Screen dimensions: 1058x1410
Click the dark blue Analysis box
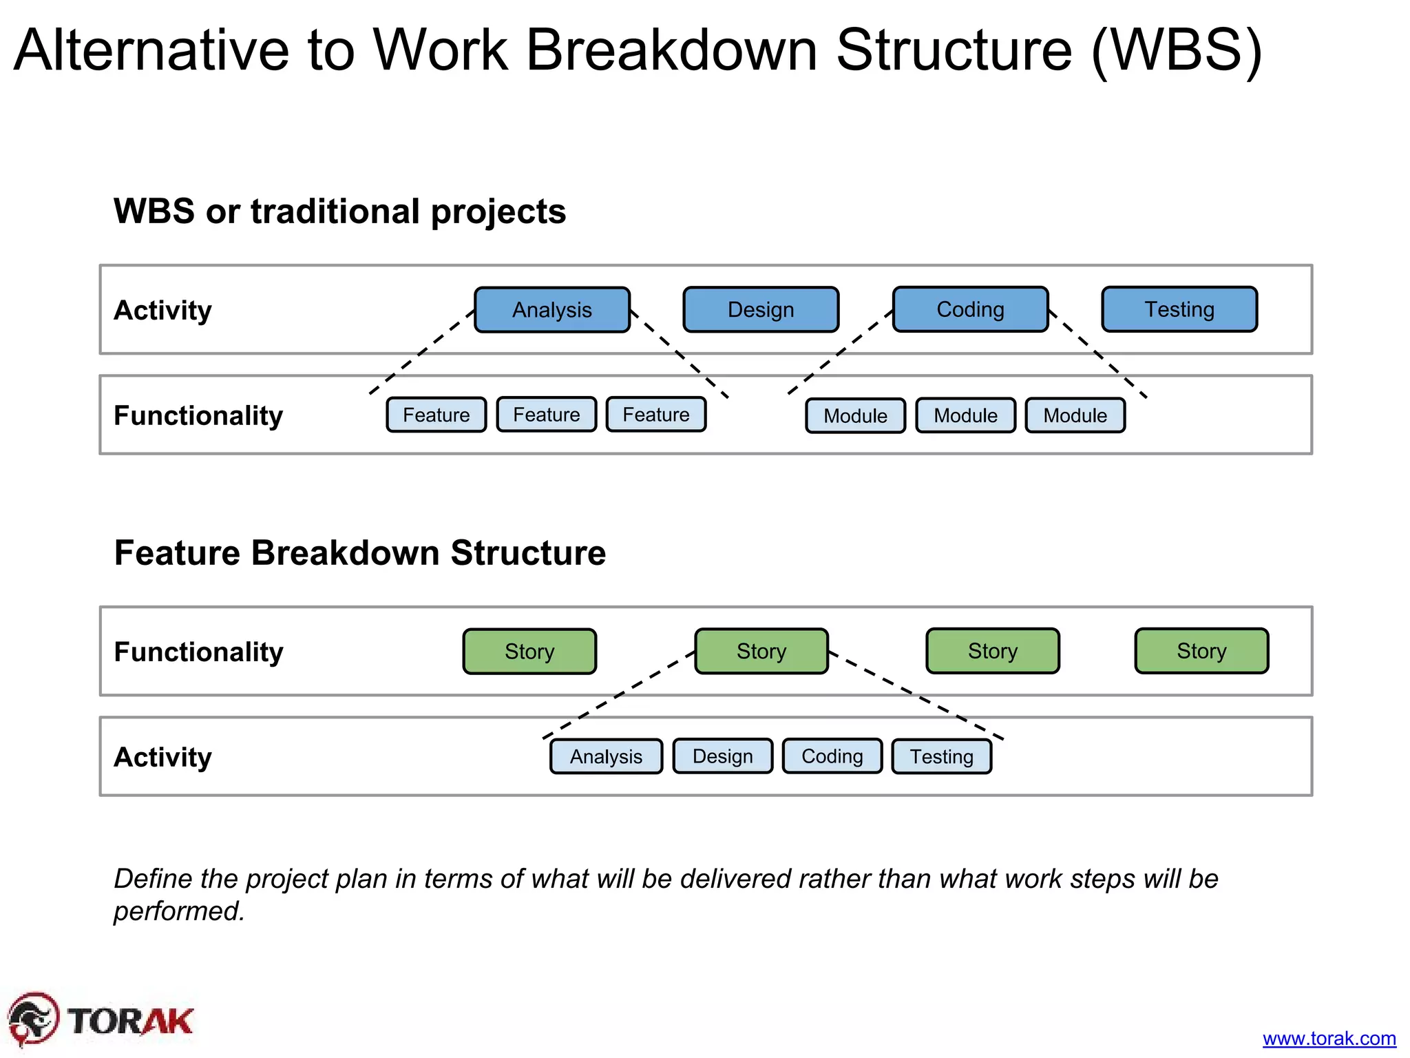click(x=552, y=310)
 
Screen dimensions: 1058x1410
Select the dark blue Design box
click(x=761, y=310)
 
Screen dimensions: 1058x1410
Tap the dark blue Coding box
click(x=970, y=309)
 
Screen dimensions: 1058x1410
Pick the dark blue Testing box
click(x=1179, y=309)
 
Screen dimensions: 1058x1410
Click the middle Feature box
click(x=547, y=415)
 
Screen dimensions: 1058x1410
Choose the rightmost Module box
click(x=1075, y=415)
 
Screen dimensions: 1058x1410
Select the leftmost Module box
click(x=855, y=416)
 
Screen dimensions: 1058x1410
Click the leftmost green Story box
click(x=529, y=651)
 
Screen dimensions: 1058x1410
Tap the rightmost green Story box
click(x=1201, y=650)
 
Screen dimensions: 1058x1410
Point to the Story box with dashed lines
click(x=761, y=651)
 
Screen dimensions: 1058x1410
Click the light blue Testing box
click(x=941, y=756)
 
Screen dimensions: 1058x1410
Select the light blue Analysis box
click(x=606, y=756)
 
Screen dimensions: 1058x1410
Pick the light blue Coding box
click(x=832, y=756)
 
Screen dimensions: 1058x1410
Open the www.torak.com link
click(x=1329, y=1038)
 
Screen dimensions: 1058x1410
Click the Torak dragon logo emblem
click(x=33, y=1019)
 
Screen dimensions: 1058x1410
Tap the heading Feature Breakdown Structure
click(x=359, y=552)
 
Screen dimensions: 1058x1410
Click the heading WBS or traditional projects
click(x=339, y=211)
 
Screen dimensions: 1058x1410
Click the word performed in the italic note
click(x=179, y=911)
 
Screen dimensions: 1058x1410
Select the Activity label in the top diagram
click(x=162, y=310)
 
